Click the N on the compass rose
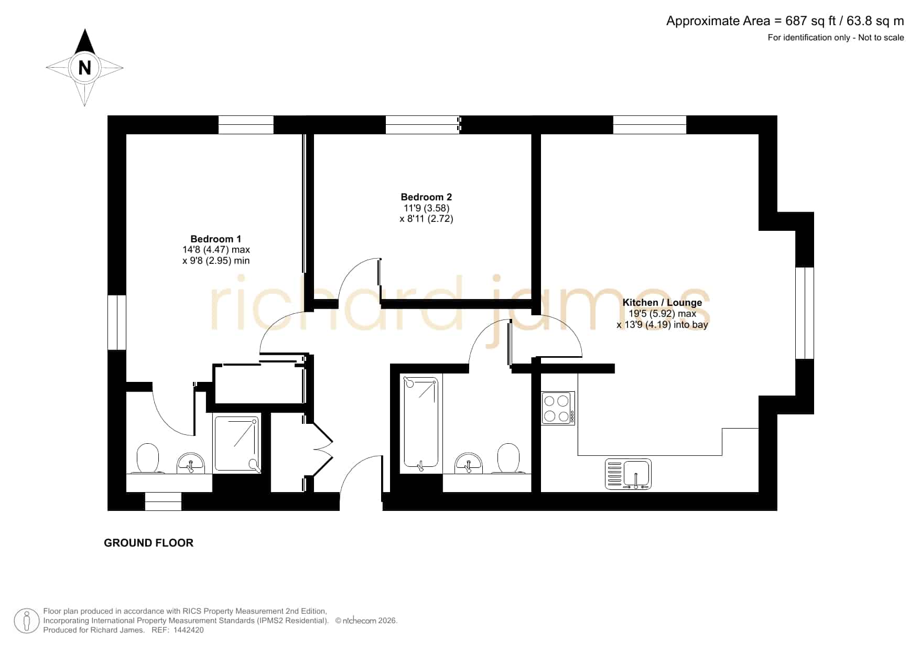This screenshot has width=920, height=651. pyautogui.click(x=84, y=68)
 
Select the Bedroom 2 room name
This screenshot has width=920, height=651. pyautogui.click(x=426, y=197)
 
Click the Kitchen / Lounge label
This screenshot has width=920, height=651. pyautogui.click(x=662, y=302)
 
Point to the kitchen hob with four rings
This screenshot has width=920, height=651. pyautogui.click(x=558, y=408)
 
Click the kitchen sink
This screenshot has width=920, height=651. pyautogui.click(x=628, y=474)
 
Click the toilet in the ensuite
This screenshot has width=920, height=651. pyautogui.click(x=147, y=458)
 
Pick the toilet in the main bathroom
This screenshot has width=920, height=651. pyautogui.click(x=508, y=458)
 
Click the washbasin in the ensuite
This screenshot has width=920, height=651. pyautogui.click(x=191, y=463)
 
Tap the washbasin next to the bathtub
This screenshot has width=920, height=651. pyautogui.click(x=469, y=463)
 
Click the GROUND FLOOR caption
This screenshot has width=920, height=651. pyautogui.click(x=149, y=543)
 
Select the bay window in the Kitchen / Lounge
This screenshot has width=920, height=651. pyautogui.click(x=805, y=313)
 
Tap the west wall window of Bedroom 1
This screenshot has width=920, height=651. pyautogui.click(x=117, y=322)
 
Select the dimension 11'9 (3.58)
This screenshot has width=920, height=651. pyautogui.click(x=426, y=208)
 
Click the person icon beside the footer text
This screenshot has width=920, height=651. pyautogui.click(x=26, y=621)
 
